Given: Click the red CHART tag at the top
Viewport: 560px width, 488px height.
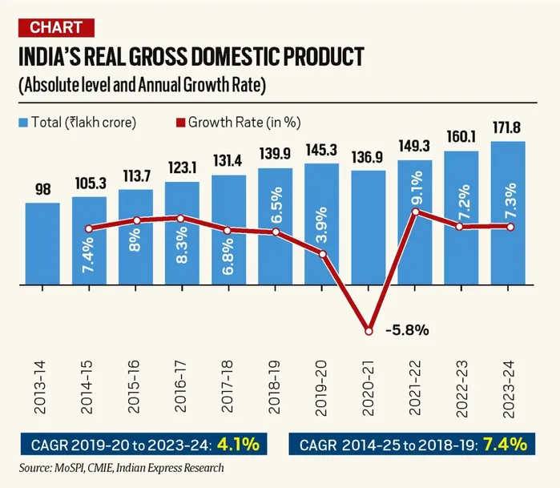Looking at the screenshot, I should tap(56, 28).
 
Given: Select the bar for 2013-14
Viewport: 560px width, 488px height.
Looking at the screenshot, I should tap(42, 244).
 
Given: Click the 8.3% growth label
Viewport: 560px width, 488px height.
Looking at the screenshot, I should tap(181, 245).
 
